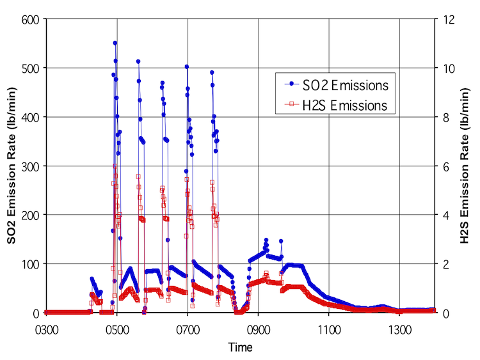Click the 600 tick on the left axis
[x=31, y=19]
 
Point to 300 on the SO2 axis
[x=31, y=166]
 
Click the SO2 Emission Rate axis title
[x=12, y=166]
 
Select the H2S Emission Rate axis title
[x=465, y=166]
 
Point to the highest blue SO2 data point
[x=115, y=43]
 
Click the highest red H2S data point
[x=115, y=166]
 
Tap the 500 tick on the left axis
[x=31, y=68]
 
